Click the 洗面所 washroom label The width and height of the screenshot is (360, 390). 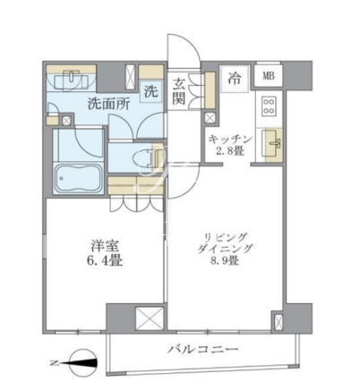pos(108,105)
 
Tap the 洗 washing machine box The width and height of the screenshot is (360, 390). pos(151,92)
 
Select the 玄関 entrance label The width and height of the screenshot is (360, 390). pos(179,91)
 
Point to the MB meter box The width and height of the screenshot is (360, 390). pos(269,76)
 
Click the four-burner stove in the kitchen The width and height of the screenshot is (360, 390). pos(269,106)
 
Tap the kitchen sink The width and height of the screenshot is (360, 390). pos(272,143)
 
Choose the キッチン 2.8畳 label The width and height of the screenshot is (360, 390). pos(230,145)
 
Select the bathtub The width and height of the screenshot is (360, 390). pos(78,178)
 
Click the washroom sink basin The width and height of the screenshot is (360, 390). pos(72,78)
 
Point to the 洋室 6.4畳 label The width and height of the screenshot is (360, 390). pos(105,254)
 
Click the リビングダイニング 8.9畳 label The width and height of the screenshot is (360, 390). pos(226,250)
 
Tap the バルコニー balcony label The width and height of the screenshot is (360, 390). pos(202,349)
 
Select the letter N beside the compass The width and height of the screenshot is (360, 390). pos(54,363)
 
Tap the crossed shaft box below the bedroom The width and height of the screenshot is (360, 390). pos(150,318)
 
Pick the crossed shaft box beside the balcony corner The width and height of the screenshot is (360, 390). pos(278,321)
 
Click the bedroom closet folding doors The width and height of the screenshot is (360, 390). pos(137,204)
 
